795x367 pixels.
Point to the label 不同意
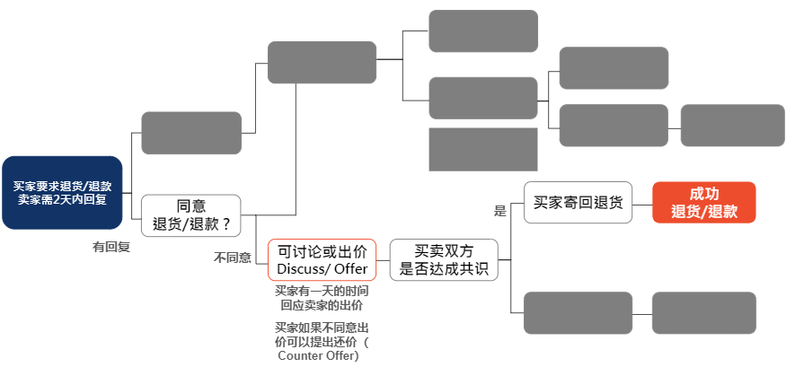[x=232, y=258]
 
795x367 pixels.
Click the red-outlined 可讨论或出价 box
[x=322, y=260]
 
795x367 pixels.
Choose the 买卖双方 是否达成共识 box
[x=443, y=260]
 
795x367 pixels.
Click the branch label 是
[x=500, y=212]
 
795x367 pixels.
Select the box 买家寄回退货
[x=578, y=203]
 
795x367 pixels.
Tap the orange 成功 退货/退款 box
[x=703, y=203]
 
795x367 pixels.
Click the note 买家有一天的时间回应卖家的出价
[x=322, y=298]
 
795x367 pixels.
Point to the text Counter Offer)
[x=318, y=356]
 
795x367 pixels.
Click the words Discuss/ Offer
[x=322, y=269]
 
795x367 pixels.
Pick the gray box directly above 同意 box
[x=191, y=133]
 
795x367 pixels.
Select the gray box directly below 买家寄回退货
[x=578, y=313]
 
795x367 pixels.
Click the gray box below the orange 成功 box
[x=703, y=313]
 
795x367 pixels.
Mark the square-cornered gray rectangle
[x=482, y=149]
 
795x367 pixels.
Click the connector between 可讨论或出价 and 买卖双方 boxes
[x=383, y=260]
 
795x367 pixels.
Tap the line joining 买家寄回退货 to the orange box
[x=642, y=203]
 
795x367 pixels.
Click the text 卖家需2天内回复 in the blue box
[x=62, y=198]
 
